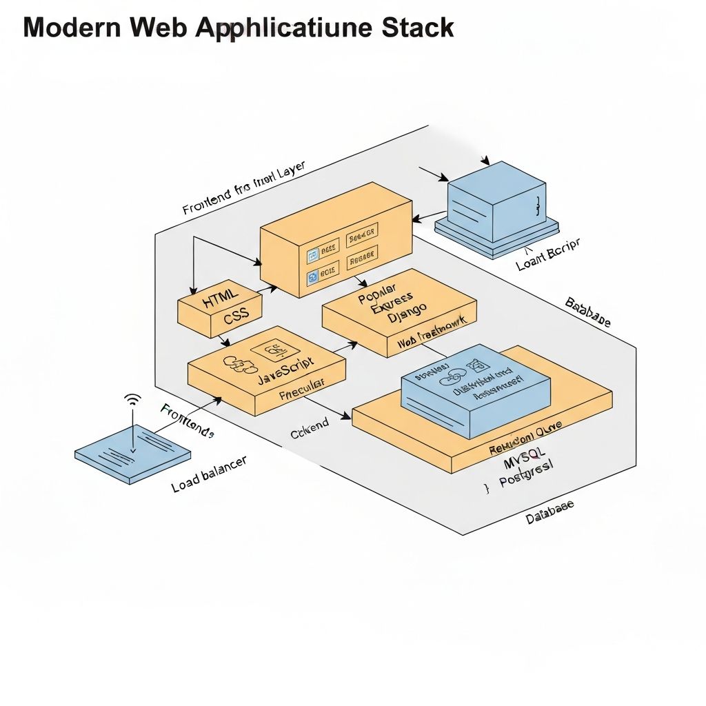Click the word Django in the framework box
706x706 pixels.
point(407,316)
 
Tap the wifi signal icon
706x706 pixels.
point(132,400)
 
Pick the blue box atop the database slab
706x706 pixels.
point(476,389)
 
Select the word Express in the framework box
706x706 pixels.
point(392,304)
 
